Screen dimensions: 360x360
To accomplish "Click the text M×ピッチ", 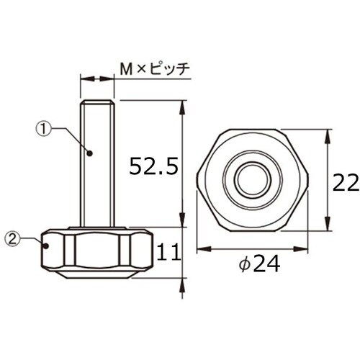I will (x=153, y=69).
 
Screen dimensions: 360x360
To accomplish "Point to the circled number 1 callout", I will (x=45, y=130).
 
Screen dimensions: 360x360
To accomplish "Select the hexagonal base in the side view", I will (x=96, y=253).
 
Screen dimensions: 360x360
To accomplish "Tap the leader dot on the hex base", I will (x=47, y=245).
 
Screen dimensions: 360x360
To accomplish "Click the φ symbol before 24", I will (x=242, y=266).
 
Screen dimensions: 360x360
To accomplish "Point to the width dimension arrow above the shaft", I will (x=96, y=78).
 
